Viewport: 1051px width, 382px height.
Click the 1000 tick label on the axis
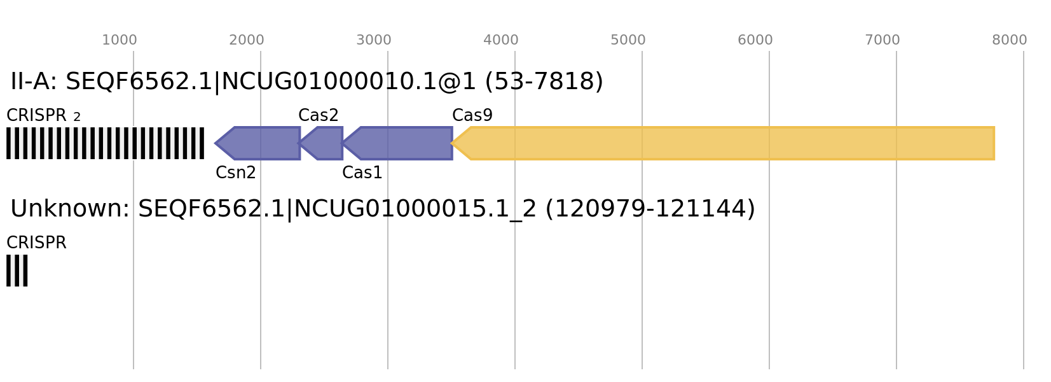pos(119,40)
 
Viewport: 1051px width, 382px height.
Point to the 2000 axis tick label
pos(246,40)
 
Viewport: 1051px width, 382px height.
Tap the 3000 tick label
pos(373,40)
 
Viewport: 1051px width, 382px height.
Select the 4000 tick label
pos(500,40)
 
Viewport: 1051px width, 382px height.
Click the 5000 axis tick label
pos(628,40)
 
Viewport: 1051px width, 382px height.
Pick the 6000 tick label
pos(755,40)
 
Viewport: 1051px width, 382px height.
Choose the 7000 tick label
pos(882,40)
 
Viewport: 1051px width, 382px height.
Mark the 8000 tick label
pos(1009,40)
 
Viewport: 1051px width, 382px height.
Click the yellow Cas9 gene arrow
pos(723,143)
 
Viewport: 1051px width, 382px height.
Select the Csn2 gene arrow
pos(258,143)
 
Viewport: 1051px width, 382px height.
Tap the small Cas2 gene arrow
pos(321,143)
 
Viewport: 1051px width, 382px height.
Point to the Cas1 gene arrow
pos(397,143)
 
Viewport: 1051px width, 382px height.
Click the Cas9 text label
pos(472,115)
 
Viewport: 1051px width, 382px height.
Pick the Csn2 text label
pos(235,173)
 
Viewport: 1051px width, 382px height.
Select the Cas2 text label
pos(318,115)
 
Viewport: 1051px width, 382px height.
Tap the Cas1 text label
pos(362,173)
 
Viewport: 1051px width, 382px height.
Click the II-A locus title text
pos(306,81)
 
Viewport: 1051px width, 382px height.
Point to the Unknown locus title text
pos(382,209)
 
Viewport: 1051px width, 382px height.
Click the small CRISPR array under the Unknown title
pos(17,271)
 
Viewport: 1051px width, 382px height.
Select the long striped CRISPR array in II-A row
pos(105,143)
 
